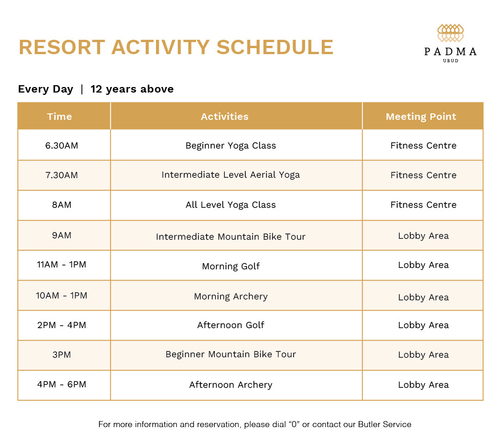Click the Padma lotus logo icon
(x=450, y=33)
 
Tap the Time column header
(x=59, y=117)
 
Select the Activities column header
(x=225, y=117)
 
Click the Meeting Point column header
(x=421, y=117)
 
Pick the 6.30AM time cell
(x=62, y=145)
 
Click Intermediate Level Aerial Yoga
(x=231, y=175)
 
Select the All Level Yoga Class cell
(x=231, y=205)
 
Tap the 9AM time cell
(x=62, y=235)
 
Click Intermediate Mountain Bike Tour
(x=231, y=236)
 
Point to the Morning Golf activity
(x=231, y=266)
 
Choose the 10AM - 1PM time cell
(x=62, y=295)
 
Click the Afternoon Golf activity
(x=231, y=325)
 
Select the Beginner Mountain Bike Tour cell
(x=231, y=354)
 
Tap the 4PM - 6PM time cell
(x=62, y=384)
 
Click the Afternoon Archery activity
(x=231, y=385)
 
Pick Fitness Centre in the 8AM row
(x=423, y=205)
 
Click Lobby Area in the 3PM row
(x=423, y=355)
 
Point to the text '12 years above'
(x=132, y=89)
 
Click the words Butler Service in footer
(x=384, y=424)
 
